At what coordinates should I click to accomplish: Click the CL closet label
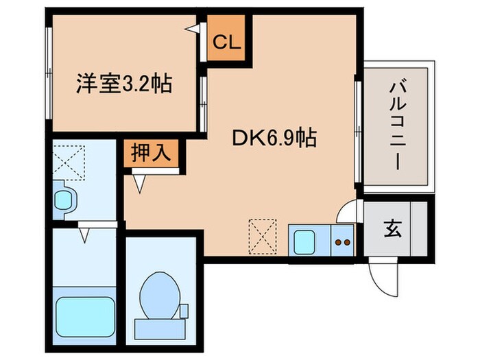226,43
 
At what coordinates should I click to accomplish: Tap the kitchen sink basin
303,241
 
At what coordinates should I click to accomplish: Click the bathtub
84,315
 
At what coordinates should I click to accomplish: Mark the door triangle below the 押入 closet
140,182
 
